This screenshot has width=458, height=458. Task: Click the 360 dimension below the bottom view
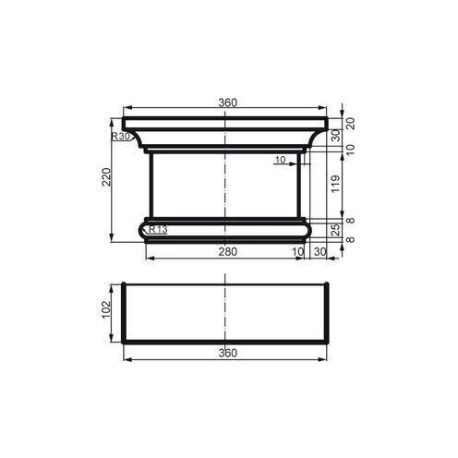pos(227,353)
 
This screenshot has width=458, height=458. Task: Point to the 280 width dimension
pos(227,251)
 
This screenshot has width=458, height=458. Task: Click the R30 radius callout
pos(119,137)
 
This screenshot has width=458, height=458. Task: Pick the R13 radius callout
pos(157,230)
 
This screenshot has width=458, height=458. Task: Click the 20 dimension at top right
pos(350,122)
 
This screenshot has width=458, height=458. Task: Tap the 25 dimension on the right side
pos(336,228)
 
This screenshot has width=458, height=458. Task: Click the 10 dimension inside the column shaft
pos(280,160)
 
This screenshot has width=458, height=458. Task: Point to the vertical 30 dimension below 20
pos(336,135)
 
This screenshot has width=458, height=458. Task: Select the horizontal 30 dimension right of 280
pos(319,251)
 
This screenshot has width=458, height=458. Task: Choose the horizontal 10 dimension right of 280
pos(298,251)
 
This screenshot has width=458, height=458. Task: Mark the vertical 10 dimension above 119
pos(350,148)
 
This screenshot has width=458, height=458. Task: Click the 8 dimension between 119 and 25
pos(350,221)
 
